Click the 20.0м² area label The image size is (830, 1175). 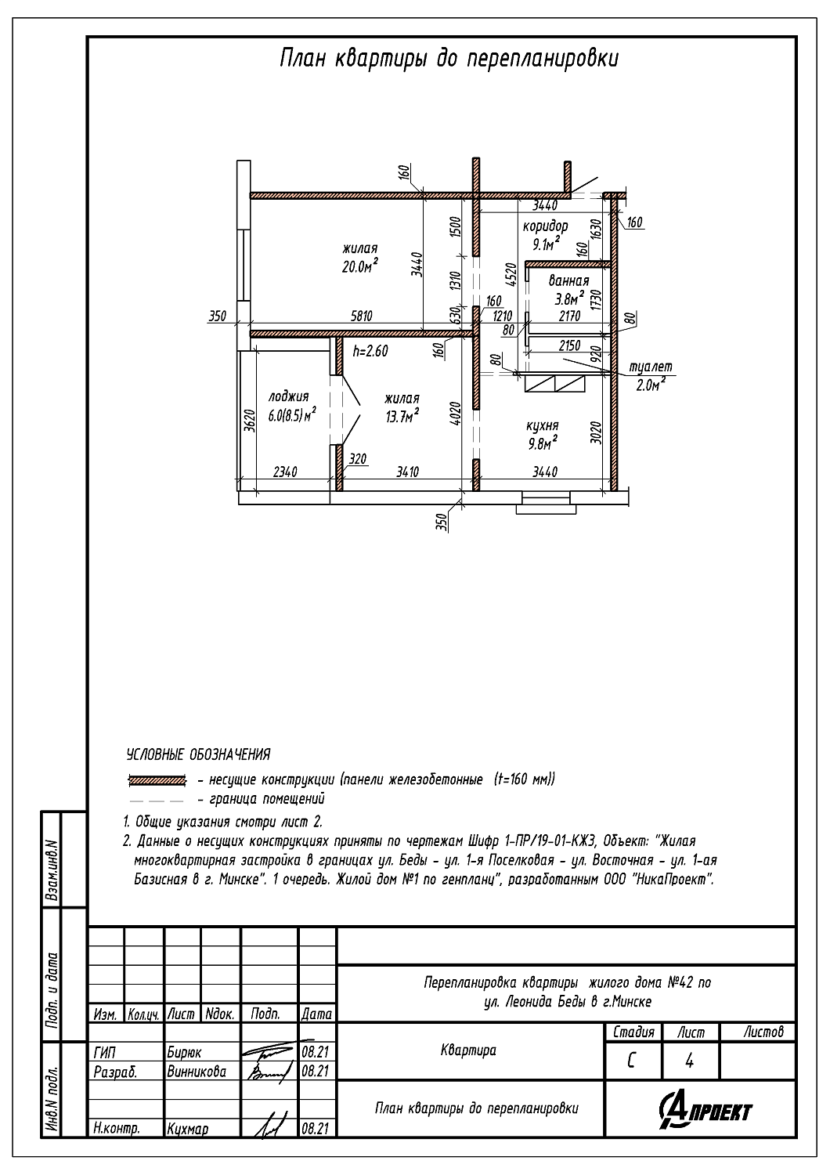[360, 266]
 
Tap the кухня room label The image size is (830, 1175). [543, 425]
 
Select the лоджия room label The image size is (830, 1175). [288, 396]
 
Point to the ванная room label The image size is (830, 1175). [569, 280]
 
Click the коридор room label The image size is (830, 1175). [545, 226]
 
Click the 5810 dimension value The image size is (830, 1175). [361, 316]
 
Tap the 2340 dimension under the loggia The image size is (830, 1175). [285, 472]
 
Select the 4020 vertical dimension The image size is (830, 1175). [455, 416]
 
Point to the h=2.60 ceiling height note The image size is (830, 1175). [370, 351]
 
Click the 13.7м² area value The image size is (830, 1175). [402, 417]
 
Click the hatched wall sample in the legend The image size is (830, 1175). [157, 780]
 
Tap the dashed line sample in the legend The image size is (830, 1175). [157, 801]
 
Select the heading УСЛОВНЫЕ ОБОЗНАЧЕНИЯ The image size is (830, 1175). [198, 755]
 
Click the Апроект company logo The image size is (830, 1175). [705, 1108]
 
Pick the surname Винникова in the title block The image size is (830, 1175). [197, 1072]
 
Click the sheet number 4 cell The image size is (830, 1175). [690, 1061]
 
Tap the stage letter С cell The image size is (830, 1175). [633, 1061]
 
